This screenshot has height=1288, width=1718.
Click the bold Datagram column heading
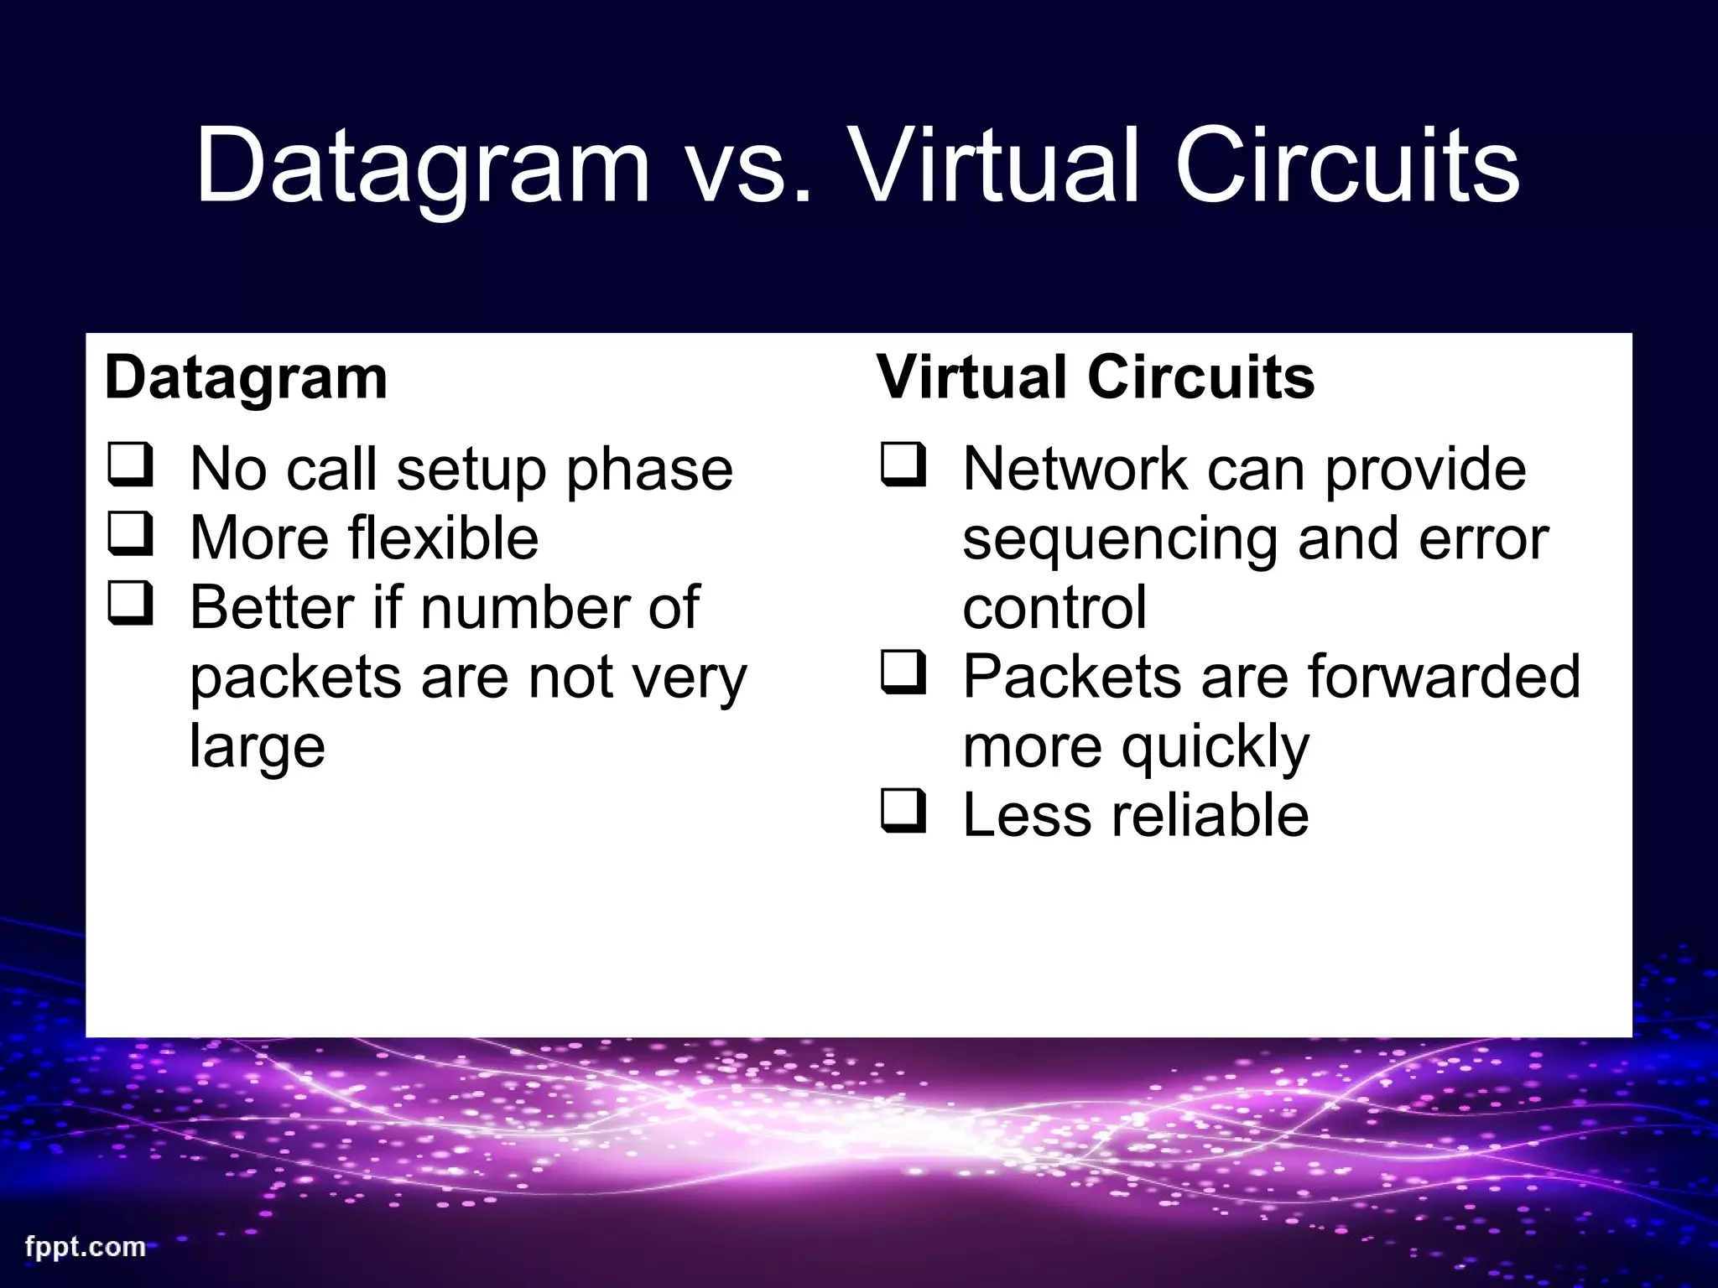(247, 378)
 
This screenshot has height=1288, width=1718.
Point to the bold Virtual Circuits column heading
(1096, 377)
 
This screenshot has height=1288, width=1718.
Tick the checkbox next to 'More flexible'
(131, 534)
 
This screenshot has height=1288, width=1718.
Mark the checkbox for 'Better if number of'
(131, 604)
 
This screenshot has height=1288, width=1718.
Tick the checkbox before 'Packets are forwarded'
(904, 673)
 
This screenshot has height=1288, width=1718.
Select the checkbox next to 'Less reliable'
(904, 812)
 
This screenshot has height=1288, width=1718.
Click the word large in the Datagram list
(258, 748)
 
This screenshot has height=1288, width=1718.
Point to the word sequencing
(1120, 539)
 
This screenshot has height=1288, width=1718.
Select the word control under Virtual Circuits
(1054, 608)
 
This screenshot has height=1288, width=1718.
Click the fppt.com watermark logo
(85, 1246)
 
